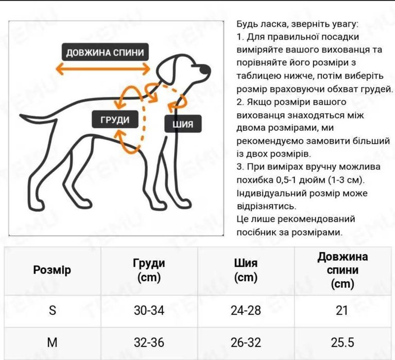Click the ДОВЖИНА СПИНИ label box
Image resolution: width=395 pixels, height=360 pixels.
point(105,53)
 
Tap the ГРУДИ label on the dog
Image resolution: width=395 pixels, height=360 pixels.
point(116,119)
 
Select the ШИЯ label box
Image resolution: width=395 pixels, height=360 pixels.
point(183,124)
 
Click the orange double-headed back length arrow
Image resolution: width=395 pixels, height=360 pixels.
point(102,69)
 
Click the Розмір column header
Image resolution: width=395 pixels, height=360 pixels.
point(52,270)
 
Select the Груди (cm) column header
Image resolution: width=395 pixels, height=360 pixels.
point(149,270)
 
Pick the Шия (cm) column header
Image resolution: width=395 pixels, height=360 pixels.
point(246,270)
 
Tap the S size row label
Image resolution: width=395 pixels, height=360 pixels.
point(52,311)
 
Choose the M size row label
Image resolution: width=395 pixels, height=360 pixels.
point(52,342)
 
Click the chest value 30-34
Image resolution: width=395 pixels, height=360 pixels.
point(149,311)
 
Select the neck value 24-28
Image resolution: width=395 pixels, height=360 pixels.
point(246,311)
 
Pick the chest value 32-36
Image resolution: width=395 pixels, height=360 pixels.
point(149,342)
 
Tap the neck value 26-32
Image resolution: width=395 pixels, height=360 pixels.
point(246,342)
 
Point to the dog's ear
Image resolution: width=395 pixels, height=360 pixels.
point(171,70)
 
